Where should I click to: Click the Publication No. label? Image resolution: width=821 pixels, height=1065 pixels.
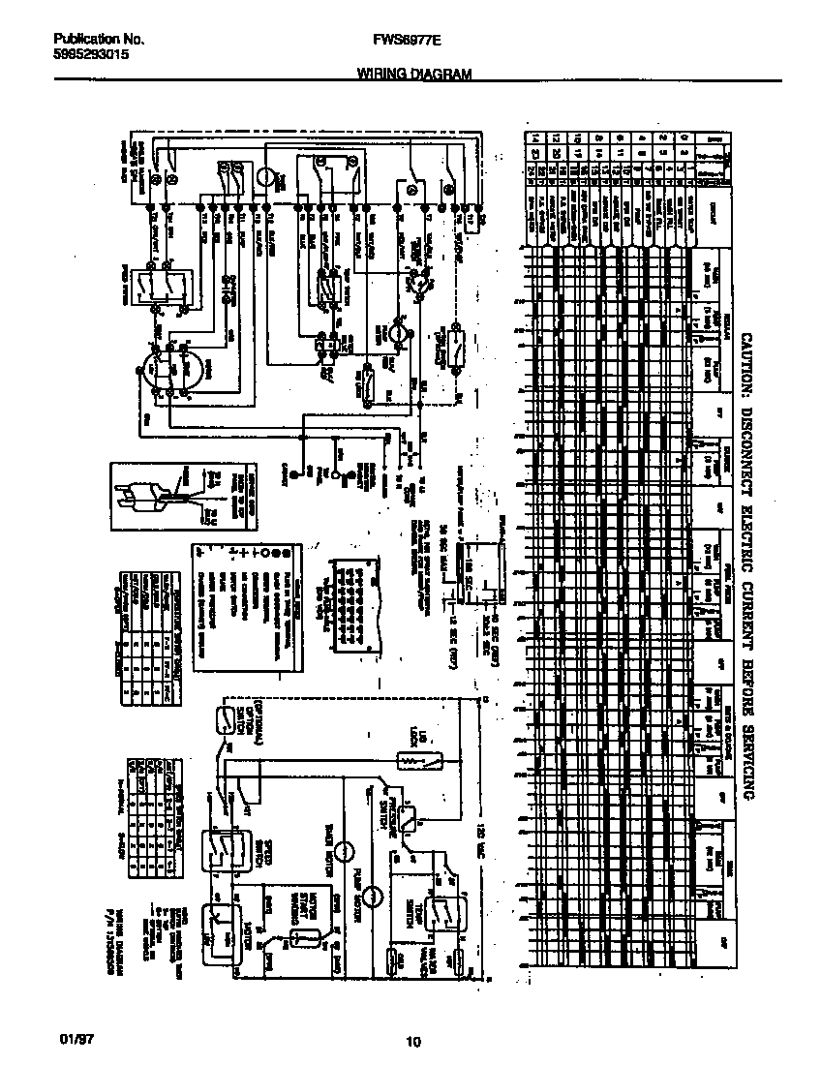click(x=99, y=40)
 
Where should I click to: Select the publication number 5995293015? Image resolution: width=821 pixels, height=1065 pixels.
click(x=90, y=55)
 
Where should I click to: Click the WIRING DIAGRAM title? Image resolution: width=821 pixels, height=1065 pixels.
click(x=413, y=74)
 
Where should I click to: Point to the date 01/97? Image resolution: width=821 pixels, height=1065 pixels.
click(x=72, y=1041)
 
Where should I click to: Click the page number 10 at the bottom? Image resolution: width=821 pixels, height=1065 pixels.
click(x=413, y=1042)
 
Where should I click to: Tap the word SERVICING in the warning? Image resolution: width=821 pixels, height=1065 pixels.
click(x=746, y=751)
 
